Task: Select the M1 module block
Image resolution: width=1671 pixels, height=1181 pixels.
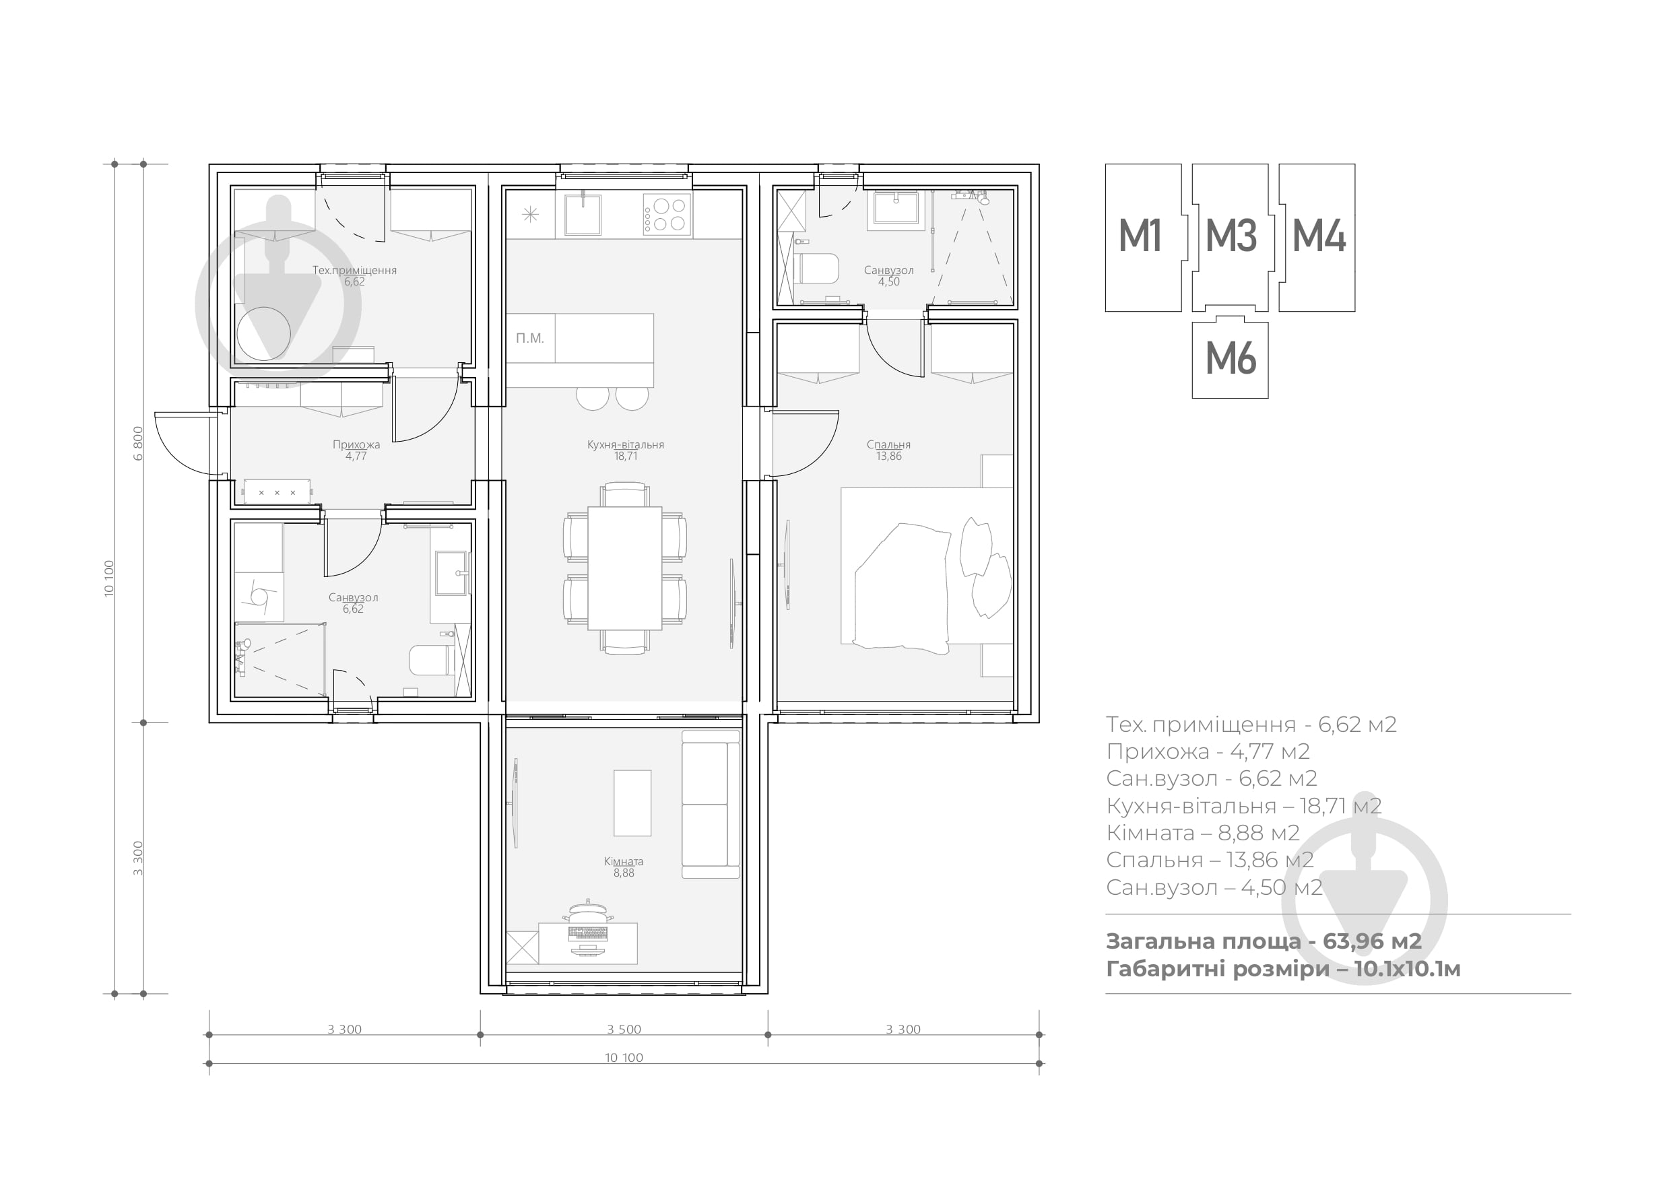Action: tap(1144, 237)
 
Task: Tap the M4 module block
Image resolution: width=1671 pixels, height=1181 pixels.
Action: tap(1317, 237)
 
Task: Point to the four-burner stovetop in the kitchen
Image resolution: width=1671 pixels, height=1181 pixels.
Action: tap(667, 215)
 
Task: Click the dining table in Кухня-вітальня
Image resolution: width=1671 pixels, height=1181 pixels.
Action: tap(625, 568)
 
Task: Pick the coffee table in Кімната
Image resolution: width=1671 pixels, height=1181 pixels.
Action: tap(632, 803)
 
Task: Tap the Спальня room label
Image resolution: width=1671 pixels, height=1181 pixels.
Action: tap(888, 444)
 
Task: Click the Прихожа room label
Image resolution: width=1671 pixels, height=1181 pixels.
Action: tap(356, 444)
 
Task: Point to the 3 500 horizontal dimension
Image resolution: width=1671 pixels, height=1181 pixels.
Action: tap(624, 1030)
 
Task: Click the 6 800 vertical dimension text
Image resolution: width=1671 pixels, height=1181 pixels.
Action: tap(138, 443)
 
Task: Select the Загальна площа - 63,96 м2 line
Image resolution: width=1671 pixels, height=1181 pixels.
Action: tap(1264, 941)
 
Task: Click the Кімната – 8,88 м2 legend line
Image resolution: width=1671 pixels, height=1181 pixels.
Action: tap(1203, 832)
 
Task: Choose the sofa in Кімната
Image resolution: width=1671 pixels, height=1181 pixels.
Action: tap(711, 804)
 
